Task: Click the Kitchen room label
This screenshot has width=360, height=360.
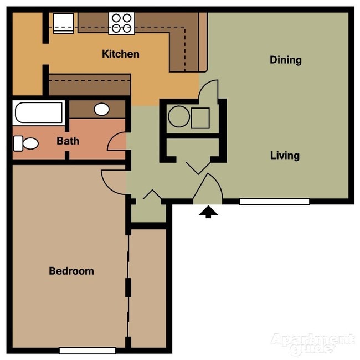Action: [x=121, y=54]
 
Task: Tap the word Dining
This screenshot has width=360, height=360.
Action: [x=286, y=60]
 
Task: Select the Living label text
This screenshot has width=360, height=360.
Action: [x=285, y=156]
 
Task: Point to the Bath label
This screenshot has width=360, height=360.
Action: [x=68, y=141]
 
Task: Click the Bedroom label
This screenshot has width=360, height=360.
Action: [x=71, y=271]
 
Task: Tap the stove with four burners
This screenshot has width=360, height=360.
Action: [x=121, y=23]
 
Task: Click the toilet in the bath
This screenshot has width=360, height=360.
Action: [x=25, y=143]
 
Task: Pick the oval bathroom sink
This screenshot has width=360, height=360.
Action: [x=101, y=109]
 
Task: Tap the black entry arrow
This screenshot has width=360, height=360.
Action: [x=208, y=212]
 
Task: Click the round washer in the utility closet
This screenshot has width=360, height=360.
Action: [x=179, y=117]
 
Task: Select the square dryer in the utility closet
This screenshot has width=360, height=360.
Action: [x=200, y=118]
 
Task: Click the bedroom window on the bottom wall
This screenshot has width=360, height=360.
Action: [x=87, y=350]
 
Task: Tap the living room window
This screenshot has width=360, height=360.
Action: [x=274, y=202]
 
